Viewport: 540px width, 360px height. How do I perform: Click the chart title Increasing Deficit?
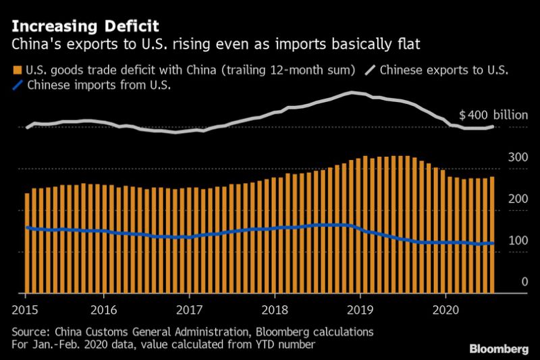84,27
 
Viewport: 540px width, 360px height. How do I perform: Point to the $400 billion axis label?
493,115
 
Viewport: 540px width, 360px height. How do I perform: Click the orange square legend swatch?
17,70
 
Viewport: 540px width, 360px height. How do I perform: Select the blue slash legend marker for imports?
17,85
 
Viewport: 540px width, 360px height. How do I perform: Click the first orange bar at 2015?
27,243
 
